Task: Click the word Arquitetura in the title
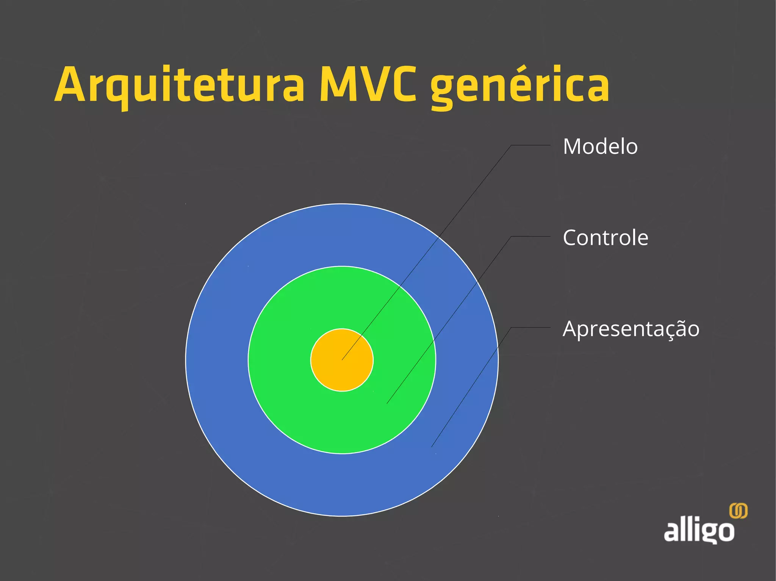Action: click(x=180, y=85)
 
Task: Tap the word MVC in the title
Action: click(x=368, y=85)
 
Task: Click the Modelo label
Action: click(x=600, y=146)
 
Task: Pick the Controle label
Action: click(x=605, y=238)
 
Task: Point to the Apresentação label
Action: click(x=631, y=329)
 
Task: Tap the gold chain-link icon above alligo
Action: click(x=738, y=511)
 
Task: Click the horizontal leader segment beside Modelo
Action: click(x=530, y=145)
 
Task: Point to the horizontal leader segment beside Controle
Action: click(x=530, y=236)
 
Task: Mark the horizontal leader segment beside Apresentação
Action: click(x=530, y=327)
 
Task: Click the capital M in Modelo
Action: click(x=573, y=146)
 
